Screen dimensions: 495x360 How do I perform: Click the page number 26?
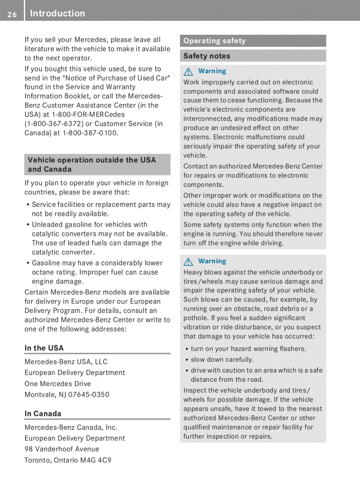(12, 15)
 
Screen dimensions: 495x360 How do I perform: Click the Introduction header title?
(57, 14)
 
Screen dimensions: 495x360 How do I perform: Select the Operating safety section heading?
(214, 41)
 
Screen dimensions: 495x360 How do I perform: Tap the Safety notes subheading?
(207, 56)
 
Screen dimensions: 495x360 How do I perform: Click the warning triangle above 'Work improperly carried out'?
(189, 71)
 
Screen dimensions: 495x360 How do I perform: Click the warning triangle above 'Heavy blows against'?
(189, 262)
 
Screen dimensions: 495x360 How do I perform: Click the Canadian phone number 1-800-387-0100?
(90, 133)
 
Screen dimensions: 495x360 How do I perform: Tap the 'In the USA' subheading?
(44, 348)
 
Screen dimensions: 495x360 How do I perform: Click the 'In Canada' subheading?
(43, 413)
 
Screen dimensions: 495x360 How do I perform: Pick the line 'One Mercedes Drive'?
(58, 383)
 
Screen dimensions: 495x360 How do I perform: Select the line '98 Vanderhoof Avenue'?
(62, 449)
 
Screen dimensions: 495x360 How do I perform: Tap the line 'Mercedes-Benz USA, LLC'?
(66, 362)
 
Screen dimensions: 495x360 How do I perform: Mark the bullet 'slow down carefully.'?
(222, 360)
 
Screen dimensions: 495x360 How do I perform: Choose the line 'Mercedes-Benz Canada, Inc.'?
(71, 427)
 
